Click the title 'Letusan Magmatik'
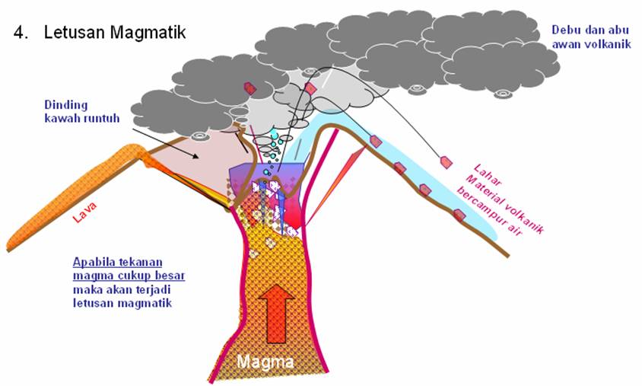114,33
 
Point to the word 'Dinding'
65,105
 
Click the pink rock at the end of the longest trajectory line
446,161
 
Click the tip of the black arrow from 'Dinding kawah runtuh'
200,158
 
